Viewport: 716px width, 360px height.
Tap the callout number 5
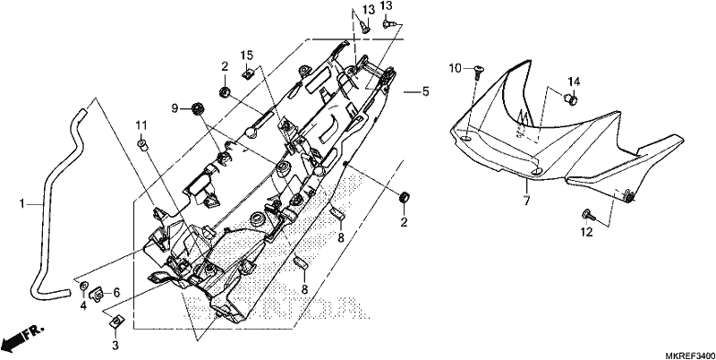426,92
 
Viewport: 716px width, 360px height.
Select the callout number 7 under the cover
526,200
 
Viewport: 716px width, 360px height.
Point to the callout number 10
455,69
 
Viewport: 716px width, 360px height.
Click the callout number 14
574,81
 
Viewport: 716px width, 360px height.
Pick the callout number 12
587,233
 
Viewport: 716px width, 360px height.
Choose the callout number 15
247,56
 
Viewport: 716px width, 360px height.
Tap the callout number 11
141,125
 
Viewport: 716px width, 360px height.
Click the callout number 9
175,108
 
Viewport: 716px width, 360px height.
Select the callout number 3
115,346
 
